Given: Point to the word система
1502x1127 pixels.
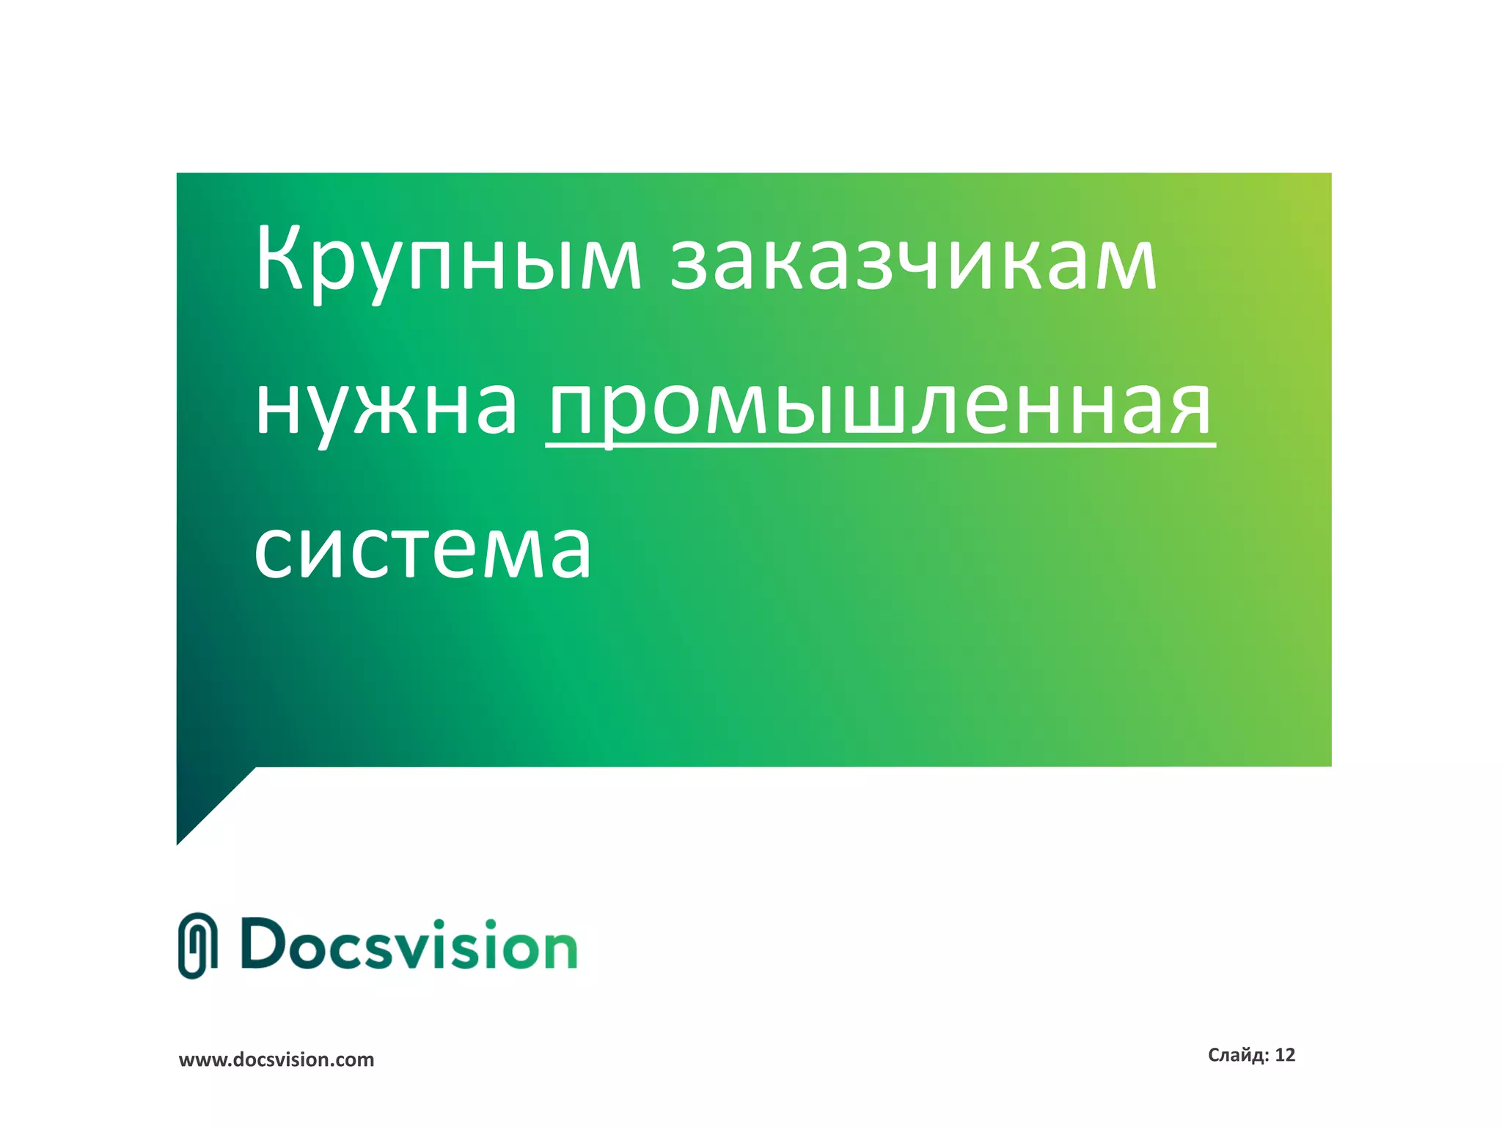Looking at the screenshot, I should pyautogui.click(x=422, y=550).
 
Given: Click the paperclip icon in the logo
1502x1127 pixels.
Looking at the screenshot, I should pyautogui.click(x=198, y=946).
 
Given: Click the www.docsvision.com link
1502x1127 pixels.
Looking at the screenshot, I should pyautogui.click(x=276, y=1059).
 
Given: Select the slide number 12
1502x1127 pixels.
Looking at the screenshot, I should pyautogui.click(x=1285, y=1055).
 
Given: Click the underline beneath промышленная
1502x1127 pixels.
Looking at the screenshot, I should pyautogui.click(x=880, y=444).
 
